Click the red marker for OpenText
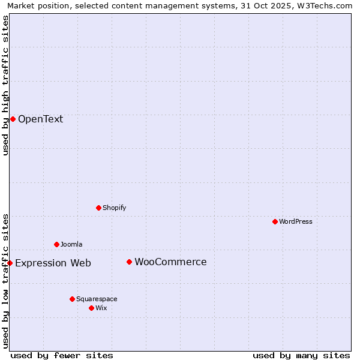13,119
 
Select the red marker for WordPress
275,221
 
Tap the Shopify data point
98,208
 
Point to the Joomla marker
56,244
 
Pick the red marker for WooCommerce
129,262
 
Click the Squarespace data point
72,299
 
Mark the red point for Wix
91,308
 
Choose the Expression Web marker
10,263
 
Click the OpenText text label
40,119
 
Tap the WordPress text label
296,221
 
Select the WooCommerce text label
170,262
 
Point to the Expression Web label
53,263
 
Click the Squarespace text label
97,299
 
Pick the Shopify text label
114,208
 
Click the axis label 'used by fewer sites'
62,355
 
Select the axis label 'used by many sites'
301,355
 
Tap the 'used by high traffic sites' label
5,85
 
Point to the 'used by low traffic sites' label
5,280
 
